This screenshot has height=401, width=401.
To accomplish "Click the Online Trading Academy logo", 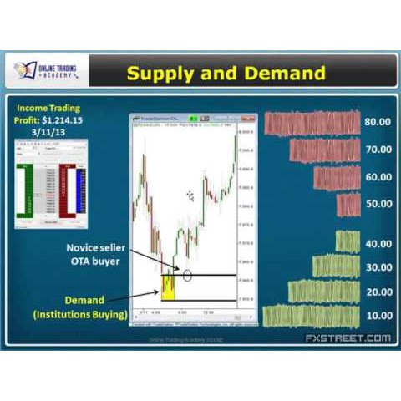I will tap(47, 71).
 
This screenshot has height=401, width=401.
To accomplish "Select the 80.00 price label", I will tap(378, 122).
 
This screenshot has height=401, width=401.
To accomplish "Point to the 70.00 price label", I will tap(378, 150).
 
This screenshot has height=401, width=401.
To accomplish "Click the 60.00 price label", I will tap(378, 177).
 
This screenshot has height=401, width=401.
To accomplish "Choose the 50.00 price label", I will tap(378, 204).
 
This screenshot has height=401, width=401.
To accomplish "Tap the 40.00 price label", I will tap(378, 243).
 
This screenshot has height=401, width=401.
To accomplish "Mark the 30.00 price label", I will tap(378, 267).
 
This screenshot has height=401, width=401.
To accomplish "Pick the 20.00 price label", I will tap(378, 292).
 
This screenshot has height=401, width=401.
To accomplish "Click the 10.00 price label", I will tap(378, 316).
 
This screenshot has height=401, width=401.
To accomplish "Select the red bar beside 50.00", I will tap(348, 205).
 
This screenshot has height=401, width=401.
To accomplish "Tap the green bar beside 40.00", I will tap(348, 242).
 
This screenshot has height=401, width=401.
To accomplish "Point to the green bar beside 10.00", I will tap(311, 316).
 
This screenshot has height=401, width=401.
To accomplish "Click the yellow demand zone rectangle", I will tap(167, 286).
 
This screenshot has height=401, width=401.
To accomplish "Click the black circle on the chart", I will tap(188, 273).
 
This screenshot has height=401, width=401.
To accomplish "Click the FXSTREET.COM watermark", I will tap(348, 338).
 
